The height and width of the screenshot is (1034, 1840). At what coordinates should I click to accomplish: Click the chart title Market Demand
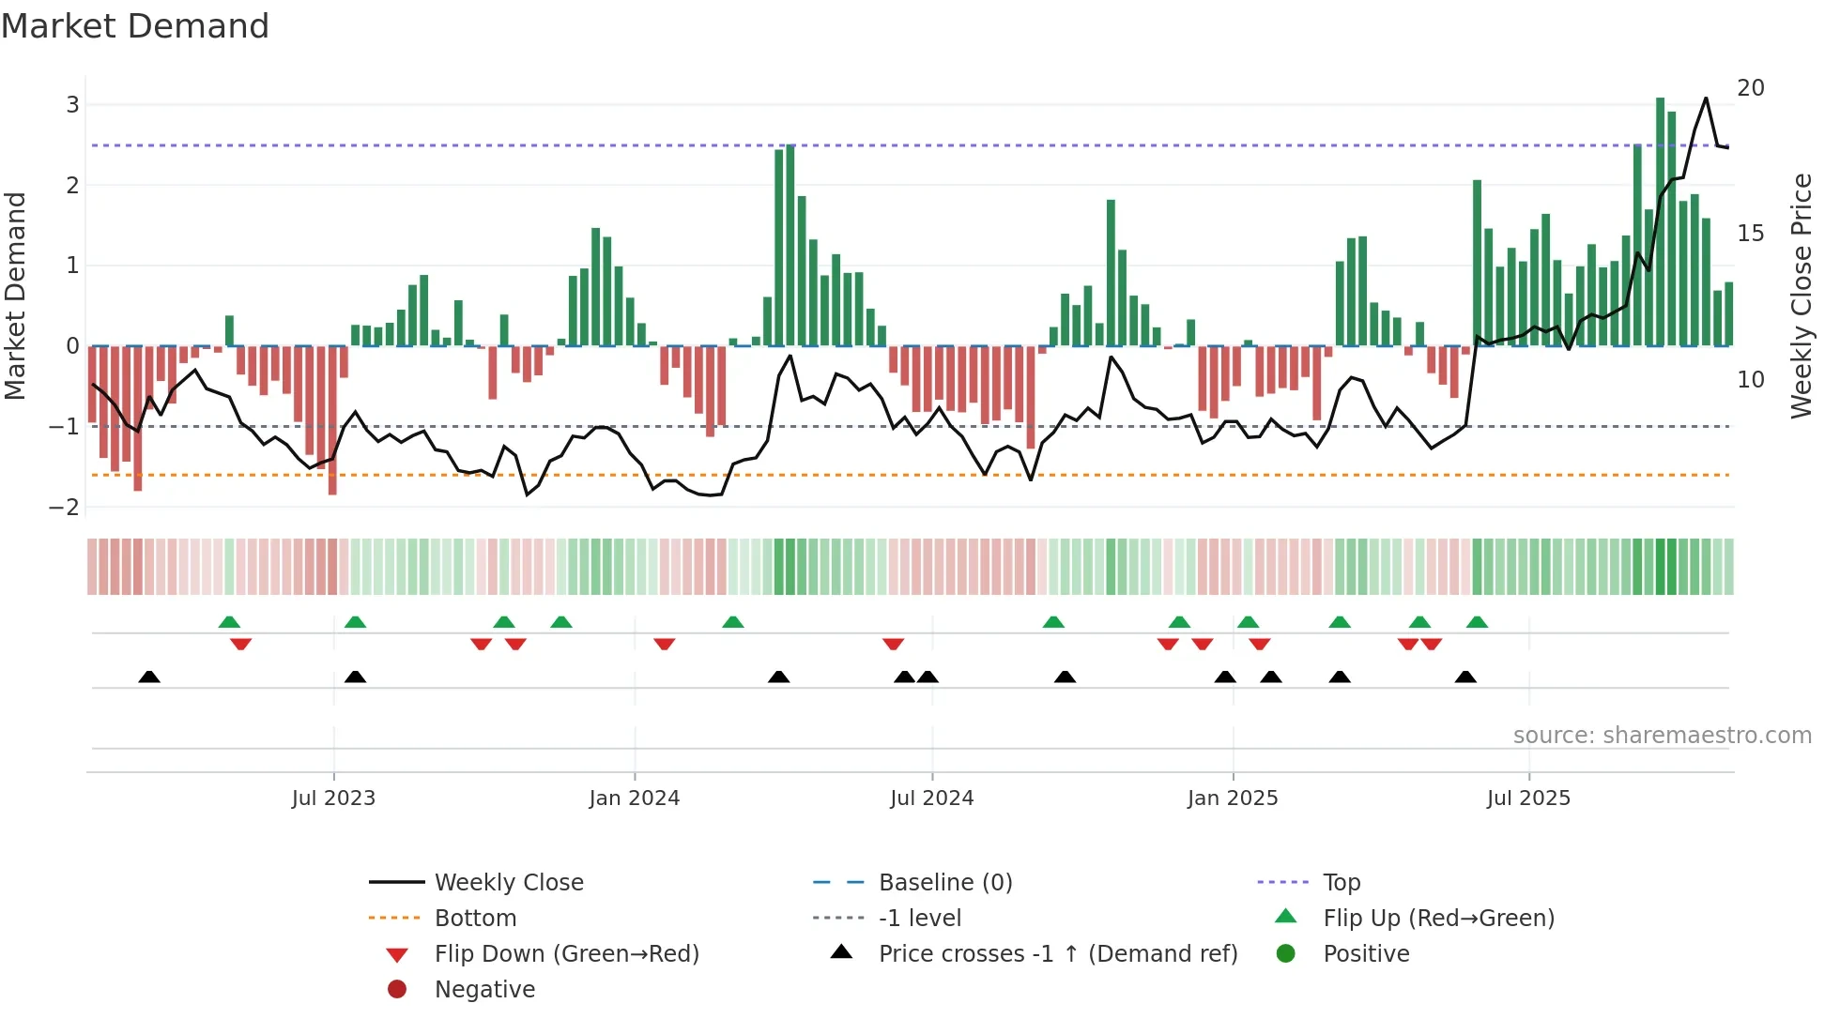tap(135, 26)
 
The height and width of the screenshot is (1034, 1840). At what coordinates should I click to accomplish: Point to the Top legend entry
tap(1341, 882)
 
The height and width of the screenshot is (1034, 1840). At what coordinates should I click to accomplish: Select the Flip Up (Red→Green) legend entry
tap(1438, 918)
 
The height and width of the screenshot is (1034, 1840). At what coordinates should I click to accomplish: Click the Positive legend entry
tap(1366, 953)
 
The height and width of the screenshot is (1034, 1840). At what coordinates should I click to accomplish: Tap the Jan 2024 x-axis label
tap(634, 798)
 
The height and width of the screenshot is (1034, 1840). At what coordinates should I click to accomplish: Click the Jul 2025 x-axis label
tap(1527, 798)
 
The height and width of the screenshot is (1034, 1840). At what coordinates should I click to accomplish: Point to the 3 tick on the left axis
tap(72, 104)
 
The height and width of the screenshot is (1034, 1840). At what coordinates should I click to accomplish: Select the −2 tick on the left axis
tap(65, 507)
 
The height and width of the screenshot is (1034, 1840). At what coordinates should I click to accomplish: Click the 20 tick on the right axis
tap(1750, 87)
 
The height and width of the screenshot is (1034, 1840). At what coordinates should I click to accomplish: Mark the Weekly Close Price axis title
tap(1801, 296)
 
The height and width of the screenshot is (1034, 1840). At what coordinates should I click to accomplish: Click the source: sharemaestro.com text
tap(1662, 735)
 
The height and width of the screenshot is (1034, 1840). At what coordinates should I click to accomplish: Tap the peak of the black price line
tap(1706, 98)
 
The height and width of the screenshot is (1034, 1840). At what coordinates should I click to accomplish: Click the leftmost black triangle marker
tap(149, 677)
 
